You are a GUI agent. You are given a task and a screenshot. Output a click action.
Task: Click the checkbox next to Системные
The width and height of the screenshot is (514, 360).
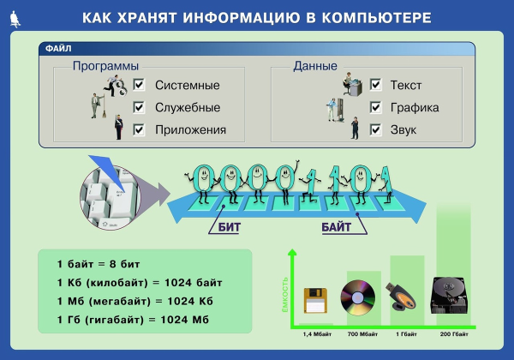click(139, 85)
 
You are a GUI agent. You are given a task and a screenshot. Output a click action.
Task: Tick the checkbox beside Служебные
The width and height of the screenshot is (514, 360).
click(139, 107)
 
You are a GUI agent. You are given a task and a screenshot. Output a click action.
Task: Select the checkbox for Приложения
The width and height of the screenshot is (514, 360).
click(139, 129)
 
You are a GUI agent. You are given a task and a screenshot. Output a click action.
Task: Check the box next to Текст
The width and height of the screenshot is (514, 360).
click(375, 85)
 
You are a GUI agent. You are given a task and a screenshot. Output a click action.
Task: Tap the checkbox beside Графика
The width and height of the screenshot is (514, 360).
click(375, 107)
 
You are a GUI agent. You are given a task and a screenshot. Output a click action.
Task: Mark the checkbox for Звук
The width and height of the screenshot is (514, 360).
click(375, 129)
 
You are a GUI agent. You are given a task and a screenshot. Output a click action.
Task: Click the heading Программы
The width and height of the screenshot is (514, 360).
click(105, 66)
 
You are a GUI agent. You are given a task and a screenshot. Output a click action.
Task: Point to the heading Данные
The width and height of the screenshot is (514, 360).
click(315, 66)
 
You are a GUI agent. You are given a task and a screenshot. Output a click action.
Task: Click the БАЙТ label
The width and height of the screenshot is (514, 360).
click(337, 228)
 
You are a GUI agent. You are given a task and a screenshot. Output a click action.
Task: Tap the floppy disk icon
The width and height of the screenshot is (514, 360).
click(317, 301)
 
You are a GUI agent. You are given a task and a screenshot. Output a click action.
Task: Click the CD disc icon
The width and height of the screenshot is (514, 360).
click(359, 297)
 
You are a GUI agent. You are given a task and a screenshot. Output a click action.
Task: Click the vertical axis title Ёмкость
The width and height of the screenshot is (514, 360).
click(284, 291)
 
